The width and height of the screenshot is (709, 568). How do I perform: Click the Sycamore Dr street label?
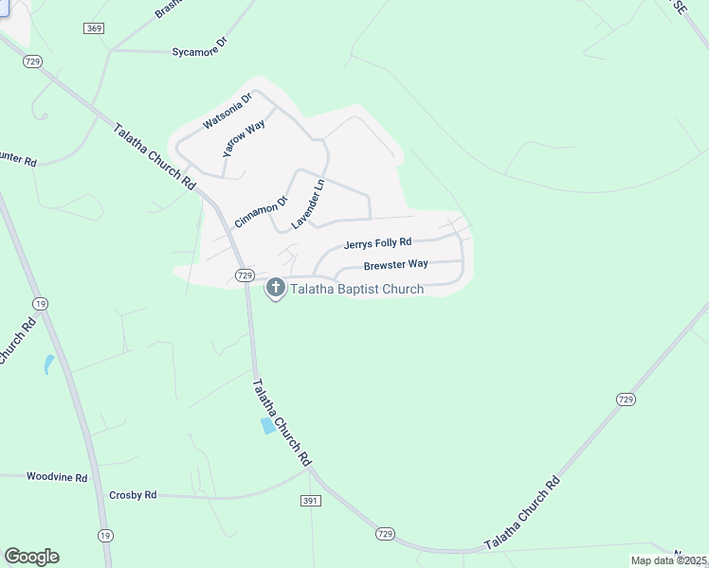click(x=201, y=47)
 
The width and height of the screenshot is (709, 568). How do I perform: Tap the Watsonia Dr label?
click(x=227, y=111)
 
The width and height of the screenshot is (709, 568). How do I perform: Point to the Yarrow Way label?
click(x=244, y=138)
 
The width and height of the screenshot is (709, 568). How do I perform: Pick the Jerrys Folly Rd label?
click(x=377, y=243)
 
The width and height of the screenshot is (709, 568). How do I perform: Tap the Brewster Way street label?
click(x=395, y=264)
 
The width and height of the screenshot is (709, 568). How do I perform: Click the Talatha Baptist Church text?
click(x=356, y=289)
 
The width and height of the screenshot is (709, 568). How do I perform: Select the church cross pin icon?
click(x=276, y=287)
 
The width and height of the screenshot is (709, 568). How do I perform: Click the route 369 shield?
click(x=94, y=29)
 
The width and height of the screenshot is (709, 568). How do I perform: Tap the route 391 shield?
click(x=313, y=501)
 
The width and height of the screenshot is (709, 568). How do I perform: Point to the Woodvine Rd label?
click(x=57, y=477)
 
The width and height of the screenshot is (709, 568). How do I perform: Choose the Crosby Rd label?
click(x=133, y=495)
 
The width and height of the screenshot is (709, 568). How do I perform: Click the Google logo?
click(x=31, y=557)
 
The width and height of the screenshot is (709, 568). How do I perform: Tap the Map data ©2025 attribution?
click(x=668, y=560)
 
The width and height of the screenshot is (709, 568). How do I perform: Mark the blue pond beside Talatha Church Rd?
click(x=268, y=426)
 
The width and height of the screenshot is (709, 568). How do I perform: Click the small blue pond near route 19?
click(x=48, y=364)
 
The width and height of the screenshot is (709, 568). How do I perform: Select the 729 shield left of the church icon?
click(x=244, y=275)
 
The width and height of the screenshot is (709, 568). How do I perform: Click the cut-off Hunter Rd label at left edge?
click(x=17, y=160)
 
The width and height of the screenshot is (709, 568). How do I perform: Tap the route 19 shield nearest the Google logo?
click(x=104, y=536)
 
